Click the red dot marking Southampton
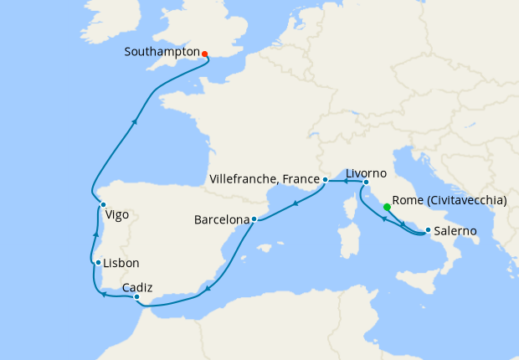tap(204, 54)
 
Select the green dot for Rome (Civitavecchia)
tap(386, 207)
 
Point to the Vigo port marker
tap(103, 204)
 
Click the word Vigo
tap(117, 215)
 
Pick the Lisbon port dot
tap(99, 262)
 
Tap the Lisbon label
tap(122, 263)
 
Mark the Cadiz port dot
tap(136, 296)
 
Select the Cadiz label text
tap(136, 286)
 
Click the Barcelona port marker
tap(254, 219)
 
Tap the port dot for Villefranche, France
tap(325, 180)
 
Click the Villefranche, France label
tap(263, 180)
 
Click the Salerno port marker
tap(429, 230)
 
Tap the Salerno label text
tap(456, 231)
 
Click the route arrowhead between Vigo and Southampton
tap(134, 121)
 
